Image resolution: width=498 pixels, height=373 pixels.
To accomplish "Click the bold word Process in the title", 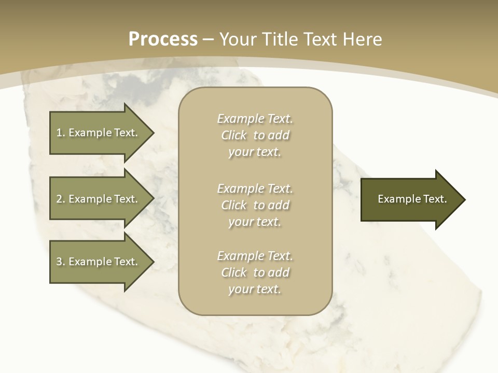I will (163, 39).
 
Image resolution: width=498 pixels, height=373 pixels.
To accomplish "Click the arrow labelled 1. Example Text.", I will (99, 133).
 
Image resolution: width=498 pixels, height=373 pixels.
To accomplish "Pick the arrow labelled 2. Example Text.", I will (99, 199).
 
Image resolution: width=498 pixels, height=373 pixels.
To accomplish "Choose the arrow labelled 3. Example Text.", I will (99, 262).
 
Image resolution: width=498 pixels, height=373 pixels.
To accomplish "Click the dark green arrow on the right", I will (410, 199).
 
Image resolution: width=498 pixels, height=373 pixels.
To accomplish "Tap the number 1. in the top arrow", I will (60, 133).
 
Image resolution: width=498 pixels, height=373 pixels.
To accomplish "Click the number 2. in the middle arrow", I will (60, 199).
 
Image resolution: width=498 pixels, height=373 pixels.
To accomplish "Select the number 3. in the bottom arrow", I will (60, 262).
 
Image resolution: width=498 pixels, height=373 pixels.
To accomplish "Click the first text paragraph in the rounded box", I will (255, 135).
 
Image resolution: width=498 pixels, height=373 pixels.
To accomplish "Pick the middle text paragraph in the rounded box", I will (255, 205).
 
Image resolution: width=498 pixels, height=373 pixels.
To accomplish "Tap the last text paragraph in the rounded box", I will (255, 272).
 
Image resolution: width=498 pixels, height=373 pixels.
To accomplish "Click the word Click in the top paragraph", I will (234, 136).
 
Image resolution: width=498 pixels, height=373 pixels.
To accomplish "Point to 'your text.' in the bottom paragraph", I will (255, 289).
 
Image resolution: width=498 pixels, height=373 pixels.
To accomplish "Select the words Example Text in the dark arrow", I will (412, 199).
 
